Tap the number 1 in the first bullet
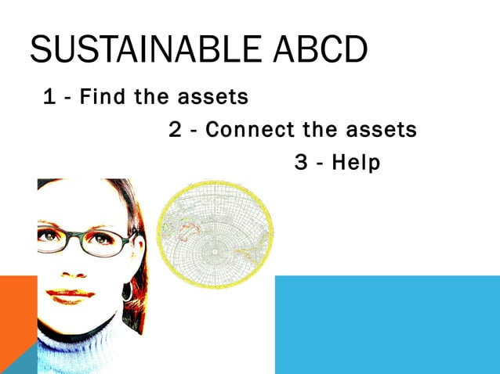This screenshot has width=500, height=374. [49, 98]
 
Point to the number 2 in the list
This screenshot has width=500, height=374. [176, 130]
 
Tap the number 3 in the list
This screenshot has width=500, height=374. [301, 163]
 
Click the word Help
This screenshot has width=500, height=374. [355, 164]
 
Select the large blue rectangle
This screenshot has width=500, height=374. [387, 324]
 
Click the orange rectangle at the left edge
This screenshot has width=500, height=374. [18, 309]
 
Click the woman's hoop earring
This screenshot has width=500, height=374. [127, 292]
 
